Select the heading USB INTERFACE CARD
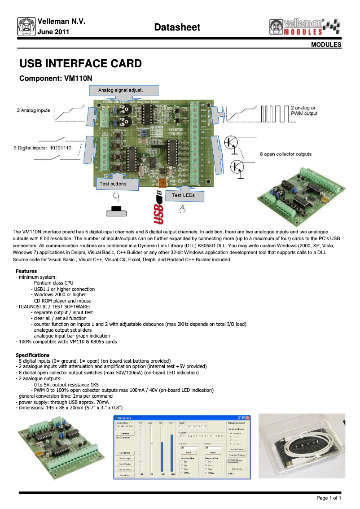tap(81, 63)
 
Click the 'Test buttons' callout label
tap(113, 184)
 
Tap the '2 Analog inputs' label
tap(34, 110)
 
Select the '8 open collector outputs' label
tap(285, 154)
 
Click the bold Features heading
tap(26, 271)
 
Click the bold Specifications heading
tap(32, 355)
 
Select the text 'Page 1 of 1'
tap(329, 498)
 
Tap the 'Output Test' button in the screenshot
tap(124, 475)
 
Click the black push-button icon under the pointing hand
tap(118, 211)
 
